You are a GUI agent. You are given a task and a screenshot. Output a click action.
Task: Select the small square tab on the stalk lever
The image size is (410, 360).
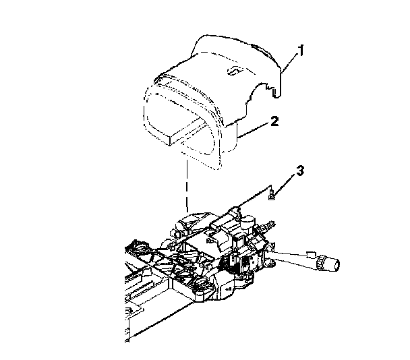click(311, 253)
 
